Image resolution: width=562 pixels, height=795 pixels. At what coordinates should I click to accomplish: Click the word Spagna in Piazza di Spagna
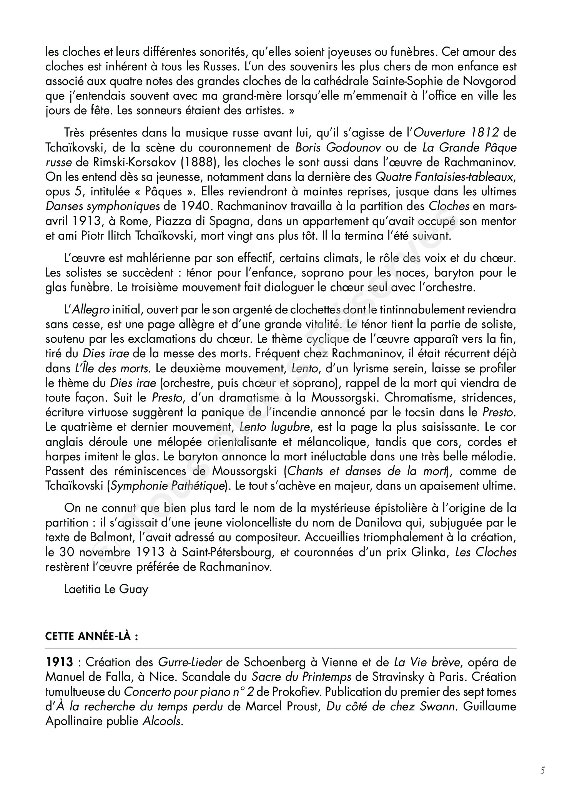coord(228,221)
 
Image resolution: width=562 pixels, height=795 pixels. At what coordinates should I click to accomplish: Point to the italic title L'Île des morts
coord(112,368)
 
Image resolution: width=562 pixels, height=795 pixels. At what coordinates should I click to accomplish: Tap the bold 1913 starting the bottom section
coord(59,662)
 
